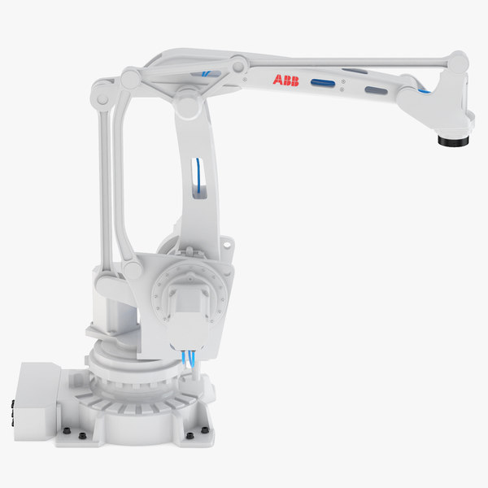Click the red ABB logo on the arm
tap(285, 80)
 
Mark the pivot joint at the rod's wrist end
tap(458, 62)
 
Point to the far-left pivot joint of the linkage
tap(102, 94)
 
